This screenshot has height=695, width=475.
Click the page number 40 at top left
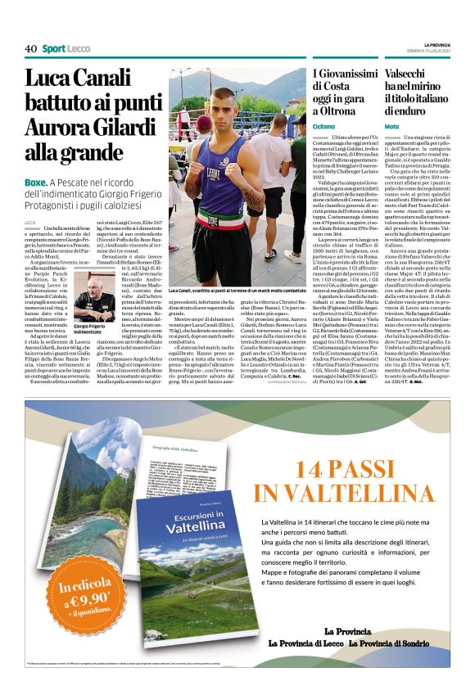[30, 49]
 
